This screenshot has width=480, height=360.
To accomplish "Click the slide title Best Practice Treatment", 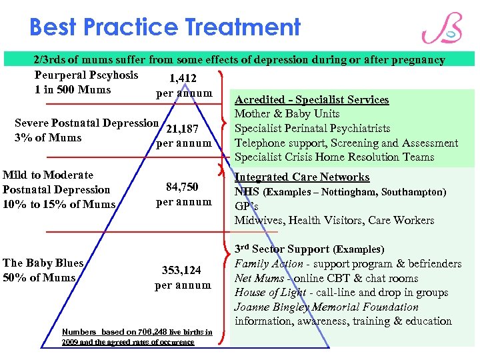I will click(x=165, y=27).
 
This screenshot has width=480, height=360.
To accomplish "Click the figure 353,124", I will click(x=183, y=271).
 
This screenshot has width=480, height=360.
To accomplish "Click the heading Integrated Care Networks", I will click(x=301, y=177).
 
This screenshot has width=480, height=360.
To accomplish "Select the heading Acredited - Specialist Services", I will click(x=311, y=100).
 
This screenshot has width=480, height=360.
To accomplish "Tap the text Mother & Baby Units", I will click(x=287, y=114).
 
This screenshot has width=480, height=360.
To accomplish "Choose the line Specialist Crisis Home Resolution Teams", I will click(x=334, y=157).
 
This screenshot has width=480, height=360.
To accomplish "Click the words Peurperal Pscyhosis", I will click(x=86, y=75).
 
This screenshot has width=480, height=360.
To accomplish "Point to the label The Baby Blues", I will click(x=43, y=263).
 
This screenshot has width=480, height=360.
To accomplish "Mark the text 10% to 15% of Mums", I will click(x=59, y=204).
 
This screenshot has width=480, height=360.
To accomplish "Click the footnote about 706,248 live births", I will click(x=137, y=337).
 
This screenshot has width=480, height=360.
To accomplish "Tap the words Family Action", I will click(x=259, y=264).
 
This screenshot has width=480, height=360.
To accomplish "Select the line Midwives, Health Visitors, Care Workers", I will click(x=334, y=220).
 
